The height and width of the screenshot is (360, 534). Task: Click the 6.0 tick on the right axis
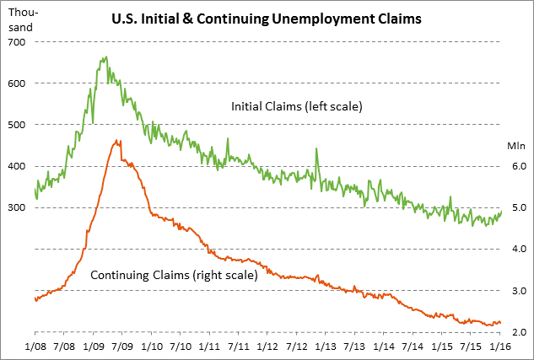(x=515, y=166)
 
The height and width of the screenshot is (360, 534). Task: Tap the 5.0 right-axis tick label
(x=515, y=207)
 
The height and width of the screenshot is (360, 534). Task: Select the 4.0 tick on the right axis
(x=515, y=250)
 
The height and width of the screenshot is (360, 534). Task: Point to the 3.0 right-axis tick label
(x=515, y=291)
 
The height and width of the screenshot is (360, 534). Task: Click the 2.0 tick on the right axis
(x=515, y=332)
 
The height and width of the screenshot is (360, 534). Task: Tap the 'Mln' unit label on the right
(x=515, y=145)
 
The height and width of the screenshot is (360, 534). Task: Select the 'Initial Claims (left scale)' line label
(x=296, y=107)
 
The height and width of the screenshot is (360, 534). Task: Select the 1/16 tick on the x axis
(x=499, y=347)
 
